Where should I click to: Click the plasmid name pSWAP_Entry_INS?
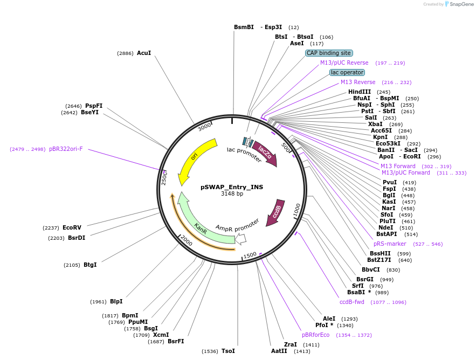click(232, 187)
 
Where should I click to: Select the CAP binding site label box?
click(328, 53)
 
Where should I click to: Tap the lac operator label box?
click(347, 72)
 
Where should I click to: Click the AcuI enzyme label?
click(144, 53)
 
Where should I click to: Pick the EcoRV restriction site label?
click(72, 227)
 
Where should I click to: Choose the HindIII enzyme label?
click(360, 92)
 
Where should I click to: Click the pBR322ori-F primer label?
click(66, 149)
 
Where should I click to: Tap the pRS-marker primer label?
click(390, 244)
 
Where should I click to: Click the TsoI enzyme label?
click(228, 351)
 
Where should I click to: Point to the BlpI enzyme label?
click(116, 301)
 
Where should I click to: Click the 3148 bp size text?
click(232, 193)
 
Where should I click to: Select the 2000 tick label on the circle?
click(187, 240)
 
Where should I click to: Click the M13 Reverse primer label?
click(358, 82)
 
